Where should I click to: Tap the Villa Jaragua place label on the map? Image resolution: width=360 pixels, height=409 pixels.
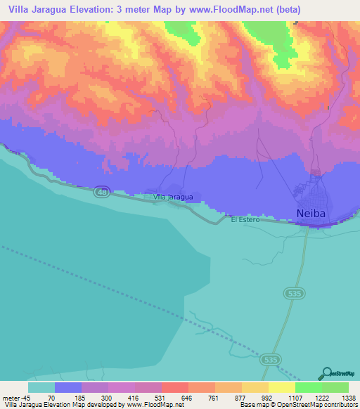[x=173, y=197]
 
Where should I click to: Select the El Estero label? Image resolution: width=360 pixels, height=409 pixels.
[x=245, y=220]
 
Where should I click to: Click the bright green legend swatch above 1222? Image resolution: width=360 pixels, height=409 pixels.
[x=308, y=387]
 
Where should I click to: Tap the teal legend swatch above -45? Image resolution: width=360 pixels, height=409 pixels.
[x=41, y=387]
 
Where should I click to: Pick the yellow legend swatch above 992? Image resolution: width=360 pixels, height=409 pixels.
[x=255, y=387]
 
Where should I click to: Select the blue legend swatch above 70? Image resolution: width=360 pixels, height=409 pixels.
[x=68, y=387]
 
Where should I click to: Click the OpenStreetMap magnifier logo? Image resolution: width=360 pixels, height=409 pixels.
[x=326, y=373]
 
